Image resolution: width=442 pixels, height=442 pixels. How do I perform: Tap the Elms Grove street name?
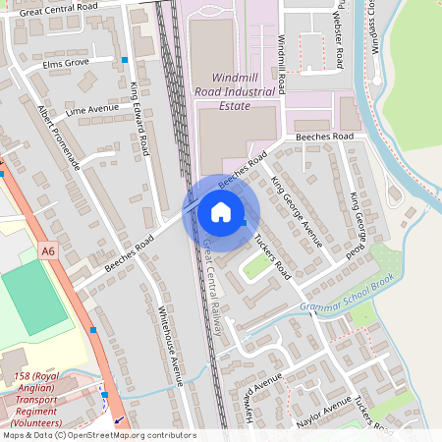(67, 63)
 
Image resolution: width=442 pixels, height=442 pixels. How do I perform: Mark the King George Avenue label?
(297, 209)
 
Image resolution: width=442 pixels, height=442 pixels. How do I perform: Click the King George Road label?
(359, 225)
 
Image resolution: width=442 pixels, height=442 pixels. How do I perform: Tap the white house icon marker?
(221, 212)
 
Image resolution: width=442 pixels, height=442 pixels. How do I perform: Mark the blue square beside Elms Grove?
(125, 60)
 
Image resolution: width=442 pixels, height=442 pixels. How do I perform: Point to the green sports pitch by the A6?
(35, 301)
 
